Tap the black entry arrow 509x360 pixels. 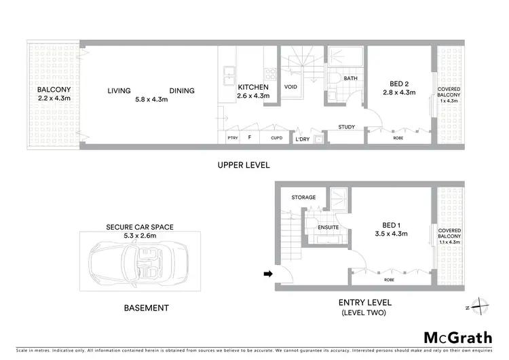pos(268,274)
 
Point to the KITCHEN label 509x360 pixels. pos(253,88)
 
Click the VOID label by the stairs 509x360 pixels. pos(290,88)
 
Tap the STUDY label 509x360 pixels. pos(348,127)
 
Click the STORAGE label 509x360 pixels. pos(303,198)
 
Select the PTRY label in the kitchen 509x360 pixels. pos(233,139)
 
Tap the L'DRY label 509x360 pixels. pos(301,139)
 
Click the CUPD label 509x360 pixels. pos(276,139)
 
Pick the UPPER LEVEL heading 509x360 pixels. pos(244,165)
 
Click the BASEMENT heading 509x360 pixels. pos(146,308)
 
